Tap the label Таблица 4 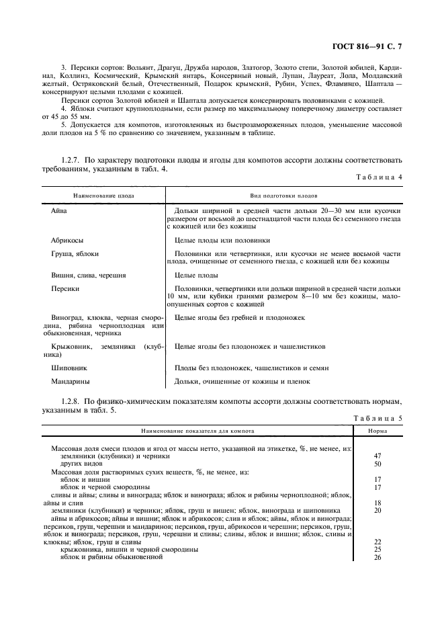(x=378, y=177)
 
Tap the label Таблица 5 (x=378, y=418)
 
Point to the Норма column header (x=377, y=431)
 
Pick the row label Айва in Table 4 (x=59, y=211)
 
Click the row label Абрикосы (x=67, y=240)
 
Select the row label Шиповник (x=69, y=368)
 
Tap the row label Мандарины (x=71, y=382)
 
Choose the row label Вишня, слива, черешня (x=89, y=276)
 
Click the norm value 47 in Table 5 (x=377, y=456)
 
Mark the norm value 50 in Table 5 (x=377, y=464)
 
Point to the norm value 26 (x=377, y=557)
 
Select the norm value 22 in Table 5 (x=377, y=542)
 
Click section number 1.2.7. (x=72, y=161)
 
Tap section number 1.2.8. (x=72, y=402)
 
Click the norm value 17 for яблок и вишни (x=377, y=480)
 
